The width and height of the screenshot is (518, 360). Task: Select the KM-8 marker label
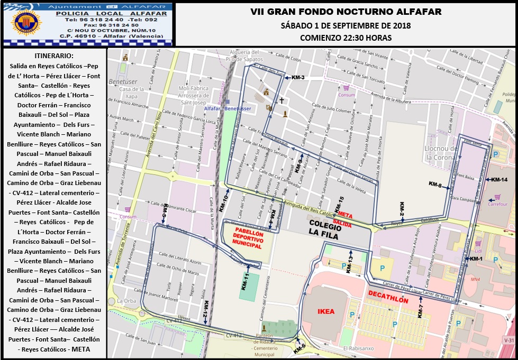click(435, 184)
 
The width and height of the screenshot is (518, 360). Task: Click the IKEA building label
click(326, 311)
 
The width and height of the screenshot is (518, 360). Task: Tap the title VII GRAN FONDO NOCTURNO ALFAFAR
click(346, 12)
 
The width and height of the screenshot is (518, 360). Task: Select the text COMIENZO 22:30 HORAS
click(346, 38)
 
